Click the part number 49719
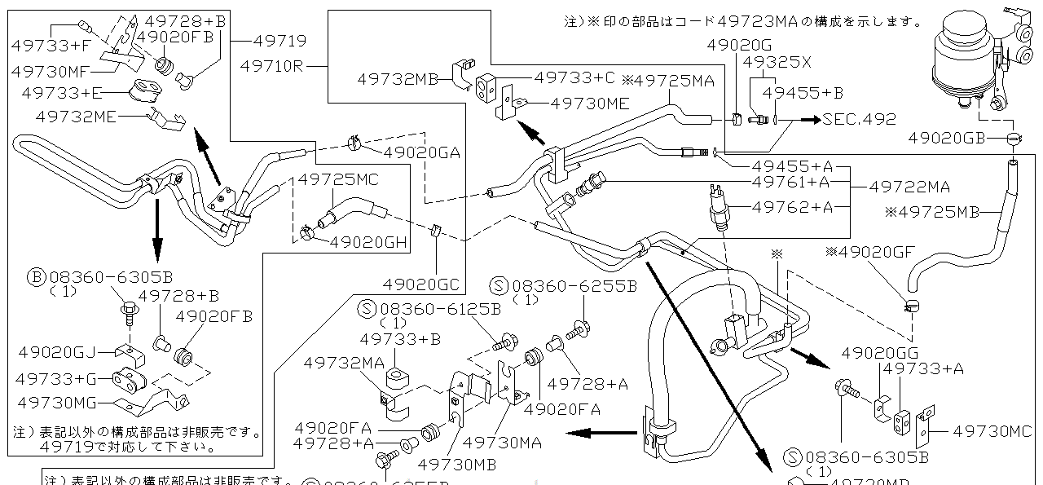(279, 40)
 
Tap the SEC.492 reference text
(859, 119)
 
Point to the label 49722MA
(909, 187)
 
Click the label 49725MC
(337, 179)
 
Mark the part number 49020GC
(420, 284)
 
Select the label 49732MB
(398, 79)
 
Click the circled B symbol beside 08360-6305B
(36, 277)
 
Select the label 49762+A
(793, 207)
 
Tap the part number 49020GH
(368, 241)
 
